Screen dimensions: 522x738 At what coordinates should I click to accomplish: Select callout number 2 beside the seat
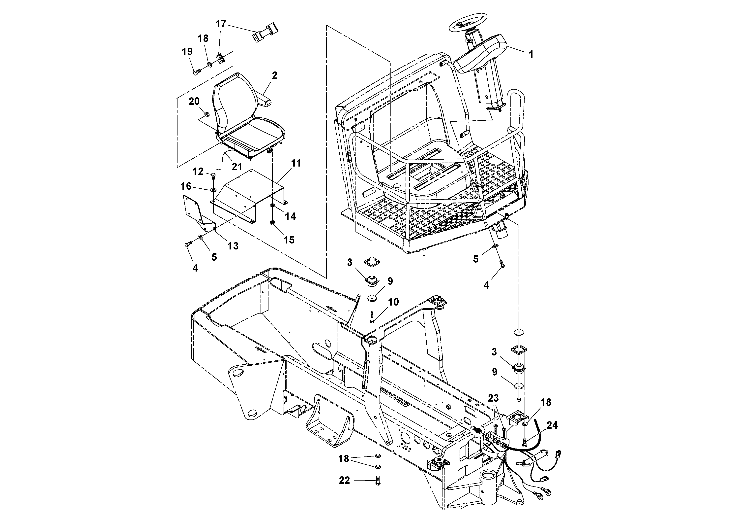(x=274, y=76)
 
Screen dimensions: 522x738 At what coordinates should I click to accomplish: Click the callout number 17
(x=221, y=24)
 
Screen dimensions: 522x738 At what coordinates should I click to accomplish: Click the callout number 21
(x=237, y=167)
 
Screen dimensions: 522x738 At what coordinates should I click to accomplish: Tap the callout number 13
(x=233, y=246)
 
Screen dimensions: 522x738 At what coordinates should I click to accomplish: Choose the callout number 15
(x=289, y=240)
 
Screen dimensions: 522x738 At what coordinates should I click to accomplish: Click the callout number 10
(x=393, y=302)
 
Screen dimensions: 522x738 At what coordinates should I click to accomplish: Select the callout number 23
(x=493, y=398)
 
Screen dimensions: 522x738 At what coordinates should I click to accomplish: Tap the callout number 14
(x=290, y=216)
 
